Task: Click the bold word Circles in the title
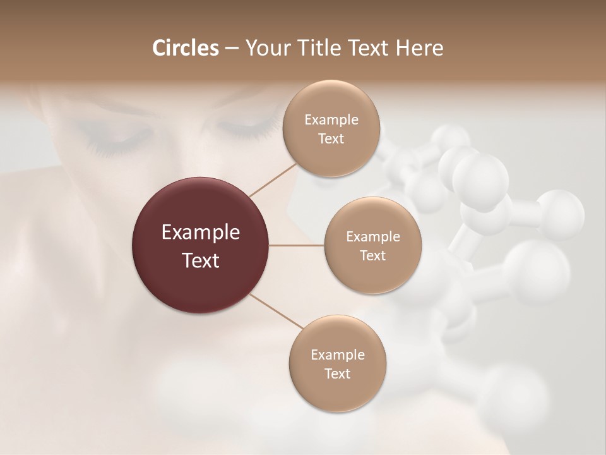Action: point(186,48)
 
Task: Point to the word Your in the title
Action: point(265,48)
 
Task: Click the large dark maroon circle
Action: point(201,245)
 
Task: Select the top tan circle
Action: point(331,128)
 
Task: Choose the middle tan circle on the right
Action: point(372,245)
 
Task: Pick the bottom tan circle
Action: point(337,363)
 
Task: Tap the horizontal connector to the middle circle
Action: point(297,245)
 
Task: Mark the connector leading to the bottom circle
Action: point(276,311)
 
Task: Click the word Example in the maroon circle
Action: point(201,233)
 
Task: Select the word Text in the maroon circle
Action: point(201,260)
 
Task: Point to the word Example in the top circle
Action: point(331,119)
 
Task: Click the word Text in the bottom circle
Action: point(337,373)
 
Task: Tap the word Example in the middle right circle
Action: point(372,236)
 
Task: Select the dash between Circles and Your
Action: point(231,49)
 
